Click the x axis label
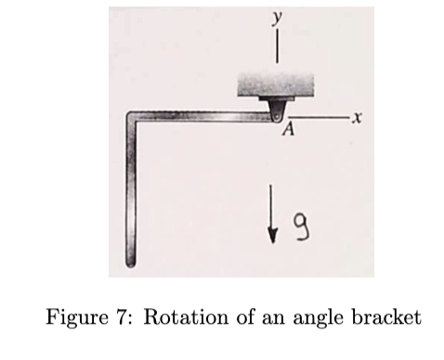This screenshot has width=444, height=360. (x=356, y=120)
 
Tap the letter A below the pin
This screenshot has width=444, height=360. (x=286, y=131)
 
